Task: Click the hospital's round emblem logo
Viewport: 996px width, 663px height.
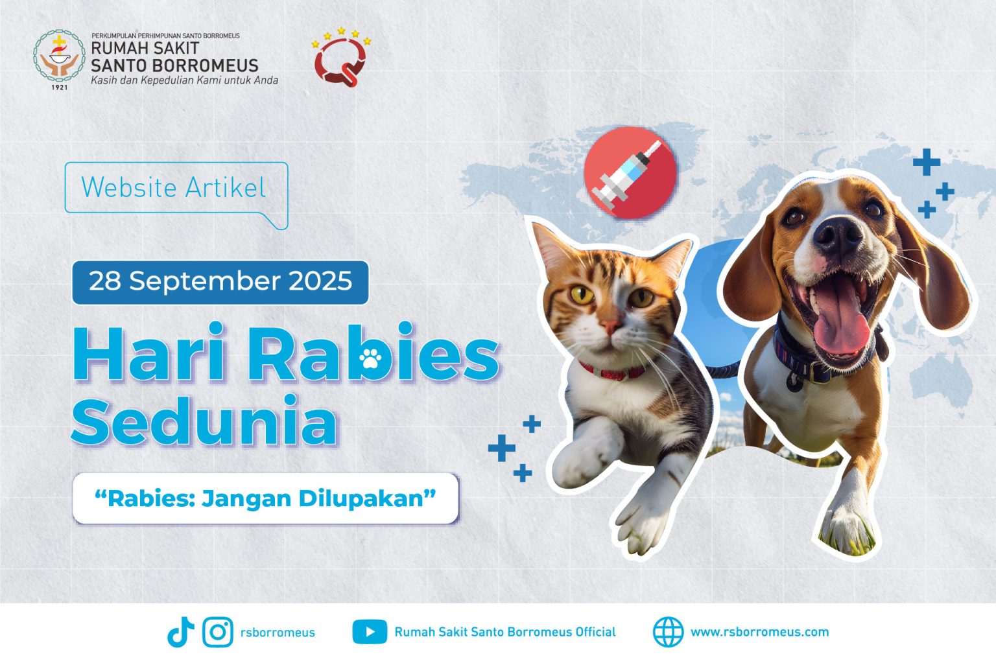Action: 59,56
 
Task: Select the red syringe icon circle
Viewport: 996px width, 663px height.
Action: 630,172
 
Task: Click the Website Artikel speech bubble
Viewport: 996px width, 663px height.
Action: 176,196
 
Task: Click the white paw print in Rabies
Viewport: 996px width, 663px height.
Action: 370,358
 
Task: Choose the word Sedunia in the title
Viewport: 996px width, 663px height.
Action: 204,421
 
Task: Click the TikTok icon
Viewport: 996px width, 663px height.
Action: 180,632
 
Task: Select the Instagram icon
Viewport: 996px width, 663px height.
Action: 218,632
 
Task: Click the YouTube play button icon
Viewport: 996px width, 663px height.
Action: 370,632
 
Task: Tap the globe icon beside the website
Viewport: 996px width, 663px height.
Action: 668,632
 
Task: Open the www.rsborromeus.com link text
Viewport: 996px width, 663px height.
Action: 759,632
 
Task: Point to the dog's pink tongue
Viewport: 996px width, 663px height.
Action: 842,320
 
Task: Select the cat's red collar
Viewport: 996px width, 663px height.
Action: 613,371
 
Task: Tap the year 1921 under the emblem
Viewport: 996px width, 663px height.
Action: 59,87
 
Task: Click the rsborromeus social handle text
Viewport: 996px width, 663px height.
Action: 278,633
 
